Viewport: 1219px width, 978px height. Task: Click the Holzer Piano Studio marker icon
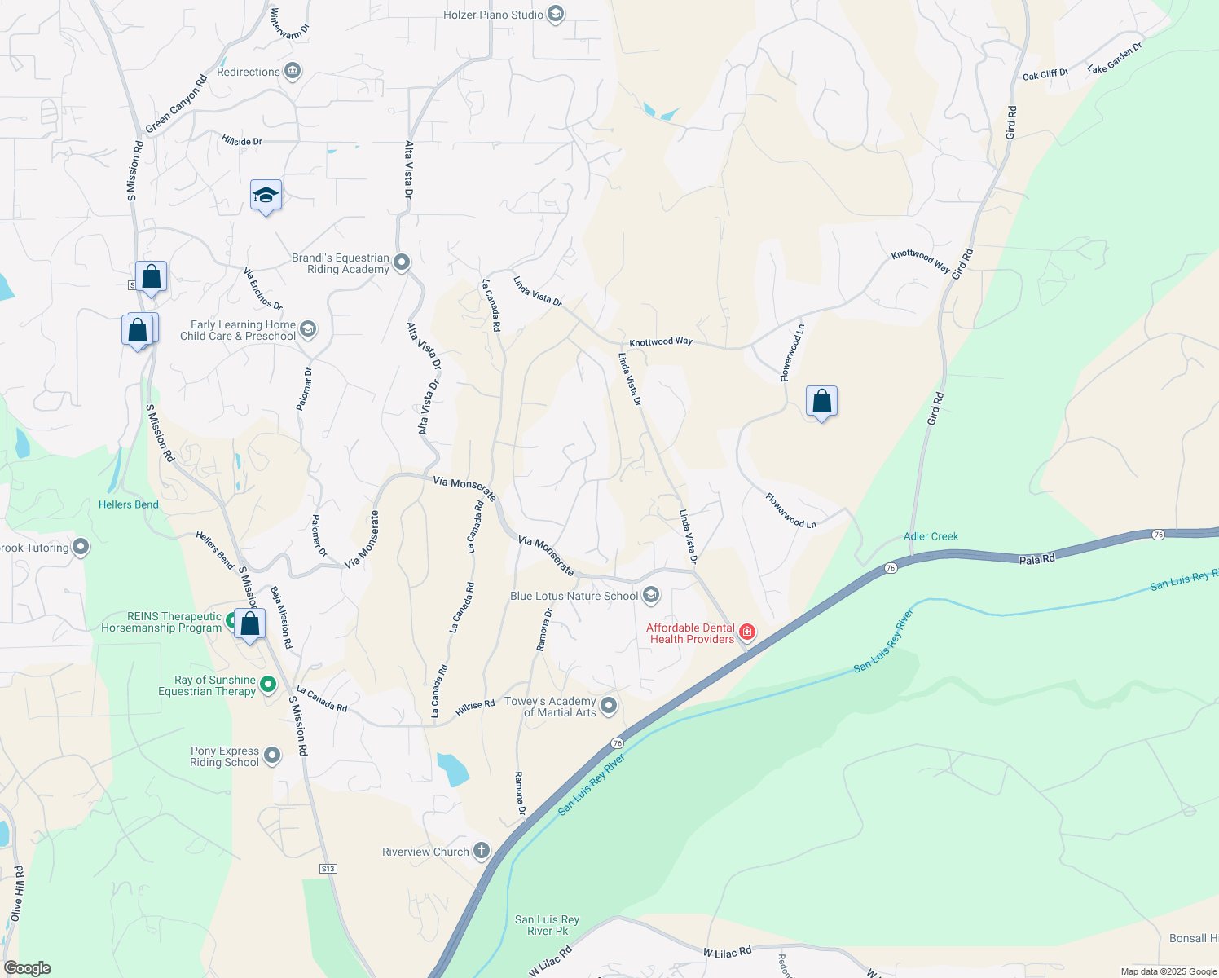556,15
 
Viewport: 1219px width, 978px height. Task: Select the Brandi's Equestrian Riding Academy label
341,263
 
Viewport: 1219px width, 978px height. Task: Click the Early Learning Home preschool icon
308,329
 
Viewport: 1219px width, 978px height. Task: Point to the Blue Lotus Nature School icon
650,596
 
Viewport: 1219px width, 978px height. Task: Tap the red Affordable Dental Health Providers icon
746,632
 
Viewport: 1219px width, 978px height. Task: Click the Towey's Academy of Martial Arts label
550,707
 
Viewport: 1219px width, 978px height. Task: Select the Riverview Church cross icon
482,852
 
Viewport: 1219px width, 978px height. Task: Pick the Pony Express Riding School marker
272,756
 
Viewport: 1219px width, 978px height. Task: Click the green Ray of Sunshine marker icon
268,685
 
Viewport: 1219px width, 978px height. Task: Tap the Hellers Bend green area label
129,504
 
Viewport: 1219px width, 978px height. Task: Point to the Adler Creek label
931,536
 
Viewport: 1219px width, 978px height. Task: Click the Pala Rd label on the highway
1037,559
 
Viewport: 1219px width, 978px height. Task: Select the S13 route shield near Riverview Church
328,869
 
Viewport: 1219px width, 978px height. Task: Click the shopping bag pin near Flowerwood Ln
821,401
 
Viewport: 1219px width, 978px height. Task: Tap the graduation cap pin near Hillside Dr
266,196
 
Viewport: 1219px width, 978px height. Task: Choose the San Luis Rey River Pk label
547,925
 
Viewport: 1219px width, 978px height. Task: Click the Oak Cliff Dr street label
1045,75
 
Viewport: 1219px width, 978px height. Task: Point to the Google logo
28,967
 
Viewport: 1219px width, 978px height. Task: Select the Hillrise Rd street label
475,707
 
